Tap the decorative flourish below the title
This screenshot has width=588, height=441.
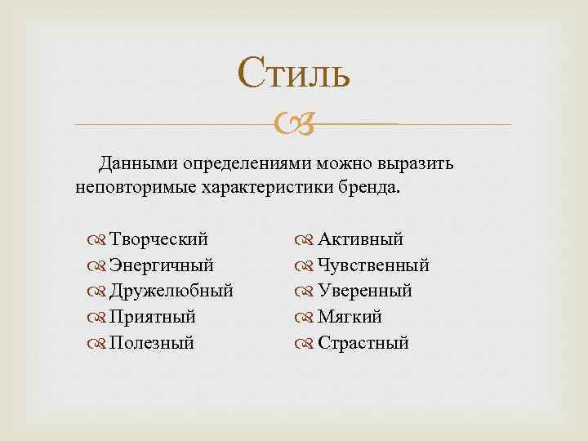pyautogui.click(x=294, y=125)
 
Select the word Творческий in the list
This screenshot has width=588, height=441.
pyautogui.click(x=158, y=239)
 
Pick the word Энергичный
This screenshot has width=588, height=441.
pyautogui.click(x=162, y=265)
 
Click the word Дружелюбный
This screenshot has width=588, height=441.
pyautogui.click(x=171, y=292)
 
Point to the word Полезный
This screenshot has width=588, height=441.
pyautogui.click(x=152, y=343)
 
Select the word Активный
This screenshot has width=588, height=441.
pyautogui.click(x=360, y=239)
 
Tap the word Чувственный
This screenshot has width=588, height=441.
pyautogui.click(x=373, y=265)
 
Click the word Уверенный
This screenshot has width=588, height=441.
pyautogui.click(x=364, y=292)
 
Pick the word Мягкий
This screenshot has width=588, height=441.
pyautogui.click(x=350, y=317)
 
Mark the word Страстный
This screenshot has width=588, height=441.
pyautogui.click(x=363, y=343)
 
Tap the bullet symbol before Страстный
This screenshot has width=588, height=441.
pyautogui.click(x=303, y=344)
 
